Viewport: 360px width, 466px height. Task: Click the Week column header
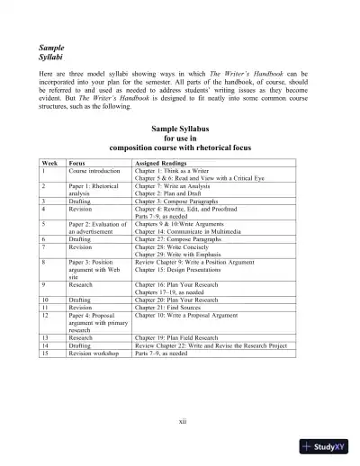[49, 163]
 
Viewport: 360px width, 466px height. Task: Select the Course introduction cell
[94, 170]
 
